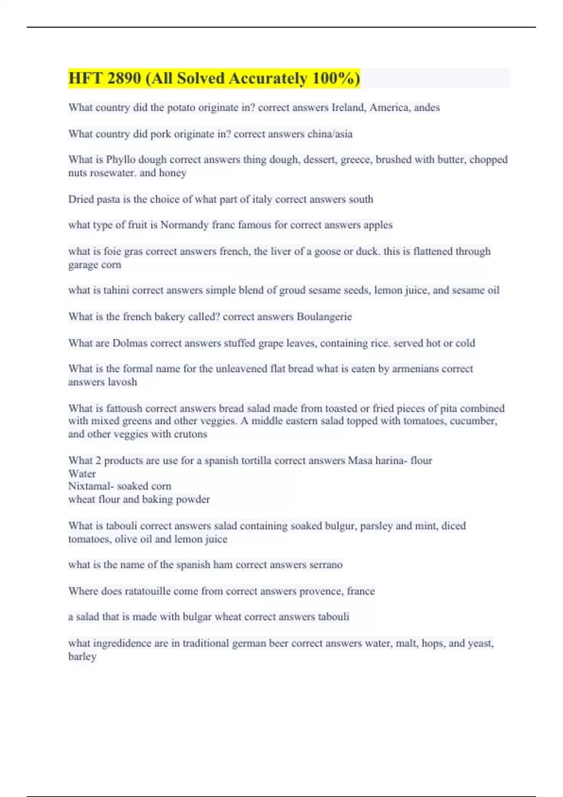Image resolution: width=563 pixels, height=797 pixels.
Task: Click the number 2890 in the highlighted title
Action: [124, 78]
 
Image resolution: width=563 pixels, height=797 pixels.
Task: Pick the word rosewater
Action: [113, 173]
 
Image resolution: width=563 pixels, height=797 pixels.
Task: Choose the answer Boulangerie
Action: [324, 317]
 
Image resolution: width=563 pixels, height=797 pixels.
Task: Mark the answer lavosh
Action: [122, 382]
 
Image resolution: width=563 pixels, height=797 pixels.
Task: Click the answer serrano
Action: [326, 564]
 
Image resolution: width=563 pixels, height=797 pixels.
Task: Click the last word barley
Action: [82, 656]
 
